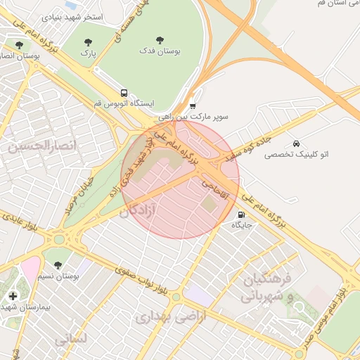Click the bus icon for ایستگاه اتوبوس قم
(x=124, y=93)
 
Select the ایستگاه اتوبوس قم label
(x=124, y=104)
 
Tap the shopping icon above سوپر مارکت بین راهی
(x=193, y=106)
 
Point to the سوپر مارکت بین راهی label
(x=193, y=117)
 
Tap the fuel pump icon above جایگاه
(x=242, y=215)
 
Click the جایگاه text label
(x=242, y=226)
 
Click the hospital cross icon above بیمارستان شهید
(x=13, y=295)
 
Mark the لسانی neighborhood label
(x=70, y=339)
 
